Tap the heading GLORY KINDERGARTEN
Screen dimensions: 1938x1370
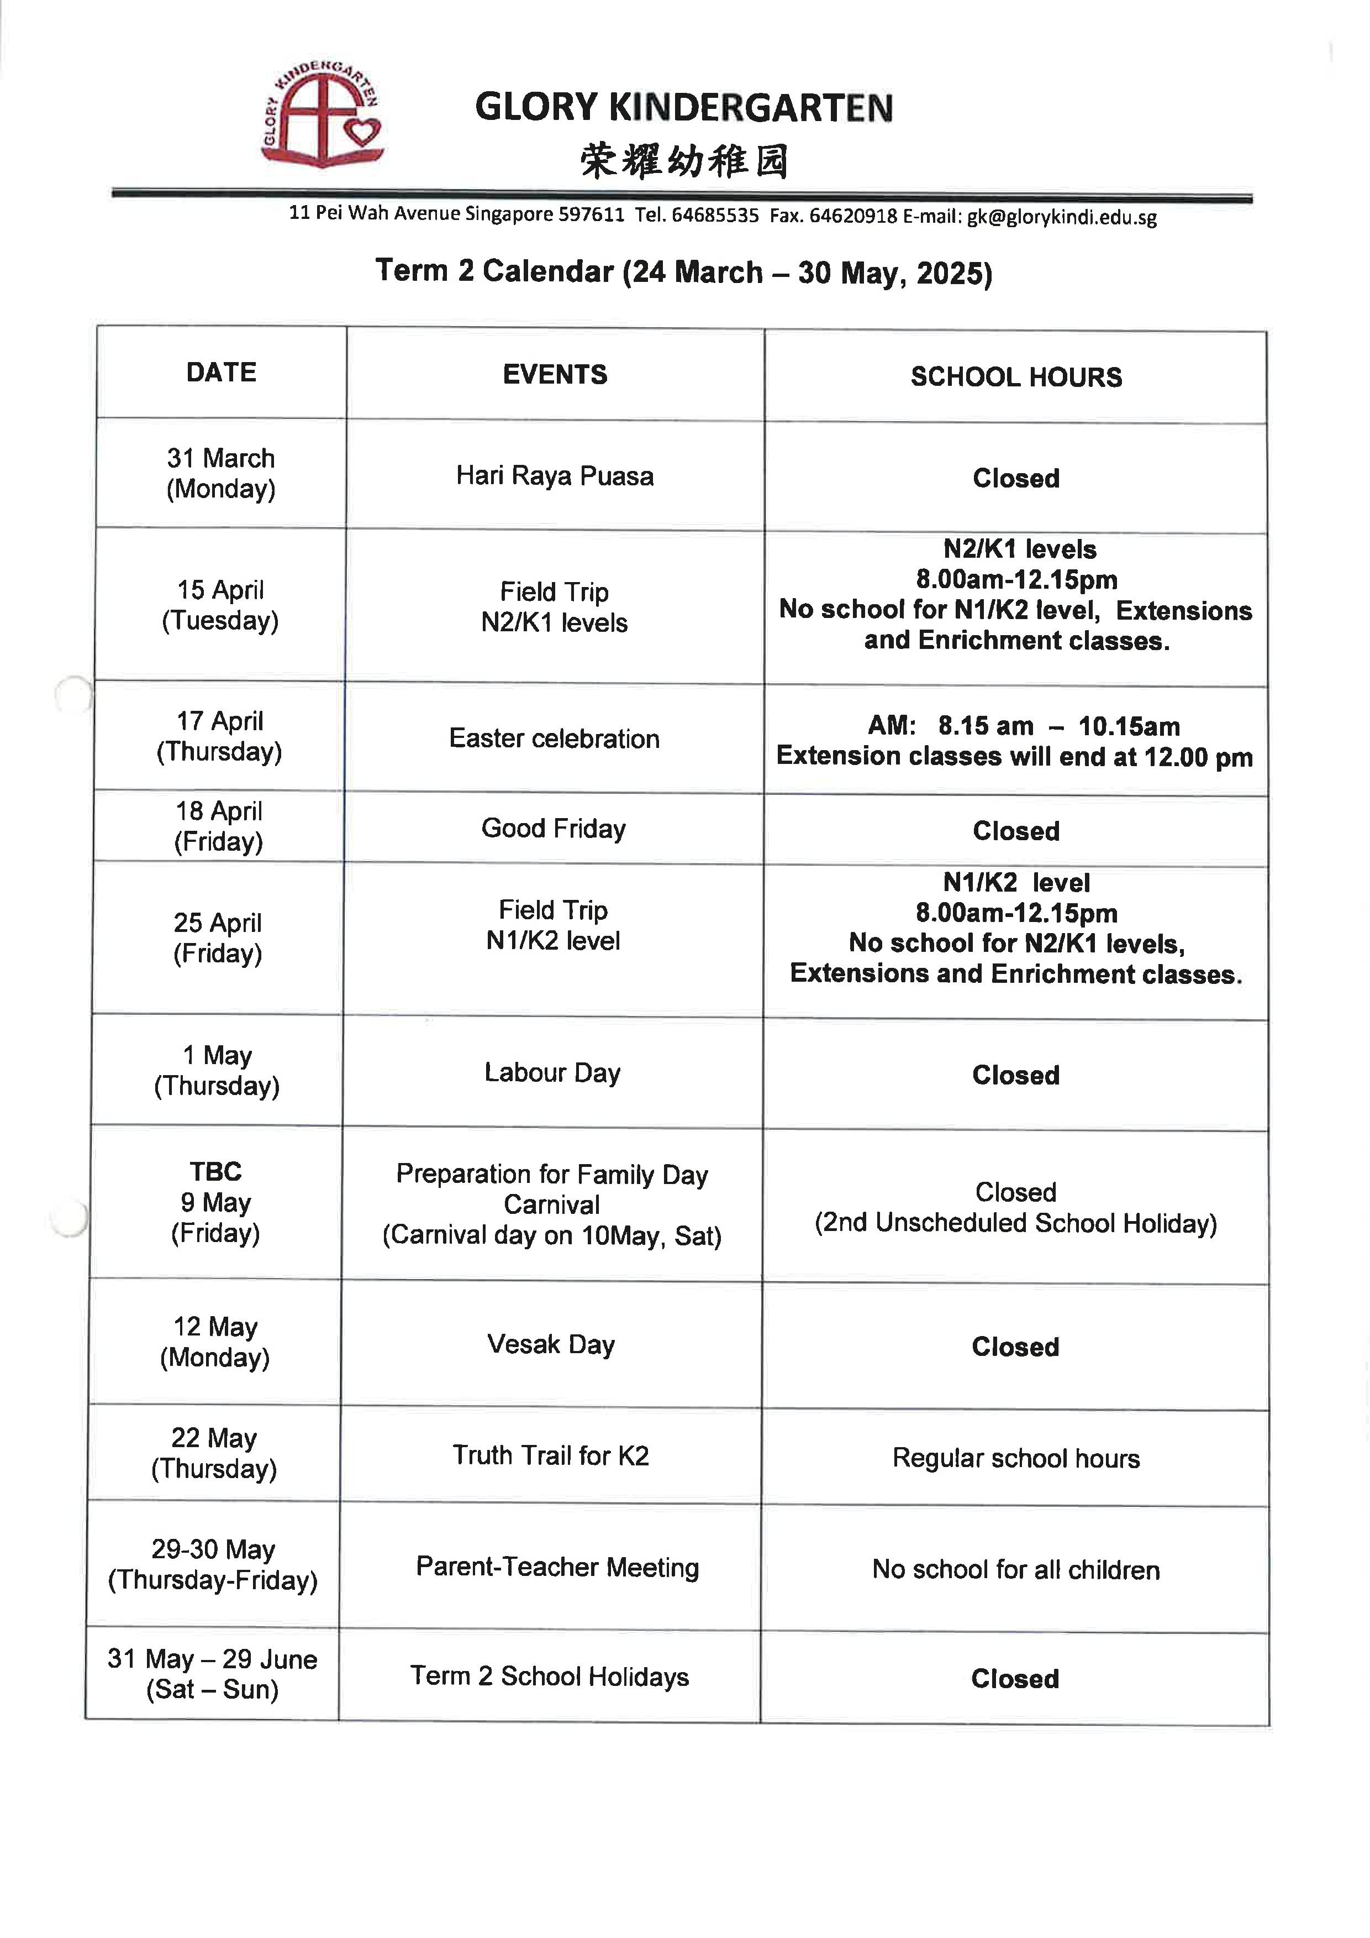(x=683, y=108)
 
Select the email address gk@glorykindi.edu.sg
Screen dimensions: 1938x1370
(x=1061, y=217)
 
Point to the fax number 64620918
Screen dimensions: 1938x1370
(x=853, y=216)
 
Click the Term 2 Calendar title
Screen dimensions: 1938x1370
(x=683, y=272)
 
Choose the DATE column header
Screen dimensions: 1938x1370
(x=221, y=372)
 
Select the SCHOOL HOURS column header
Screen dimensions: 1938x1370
(x=1016, y=376)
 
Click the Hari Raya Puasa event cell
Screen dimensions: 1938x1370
(x=554, y=476)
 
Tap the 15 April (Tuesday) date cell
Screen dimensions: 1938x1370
(x=220, y=605)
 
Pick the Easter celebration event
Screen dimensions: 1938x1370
(x=554, y=738)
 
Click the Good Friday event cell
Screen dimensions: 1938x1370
(x=554, y=828)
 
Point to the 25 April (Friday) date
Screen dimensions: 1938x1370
(x=218, y=938)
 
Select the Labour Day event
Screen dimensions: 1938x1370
(x=552, y=1073)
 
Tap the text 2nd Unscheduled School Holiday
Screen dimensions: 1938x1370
(x=1016, y=1223)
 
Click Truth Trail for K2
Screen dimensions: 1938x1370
(x=550, y=1455)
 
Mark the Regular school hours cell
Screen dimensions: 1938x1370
(x=1016, y=1458)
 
